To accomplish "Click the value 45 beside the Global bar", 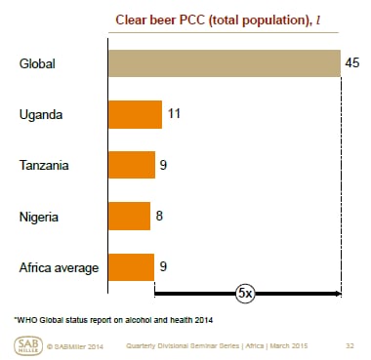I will tap(352, 63).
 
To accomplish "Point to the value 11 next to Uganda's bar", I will tap(174, 114).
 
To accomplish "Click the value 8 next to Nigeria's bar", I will tap(160, 215).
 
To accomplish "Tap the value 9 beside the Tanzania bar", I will tap(164, 164).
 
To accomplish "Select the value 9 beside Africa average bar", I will tap(164, 265).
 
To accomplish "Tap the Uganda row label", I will tap(40, 115).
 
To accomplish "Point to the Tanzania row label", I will tap(44, 165).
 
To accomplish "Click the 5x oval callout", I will tap(247, 292).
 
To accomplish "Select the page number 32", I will tap(349, 345).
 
